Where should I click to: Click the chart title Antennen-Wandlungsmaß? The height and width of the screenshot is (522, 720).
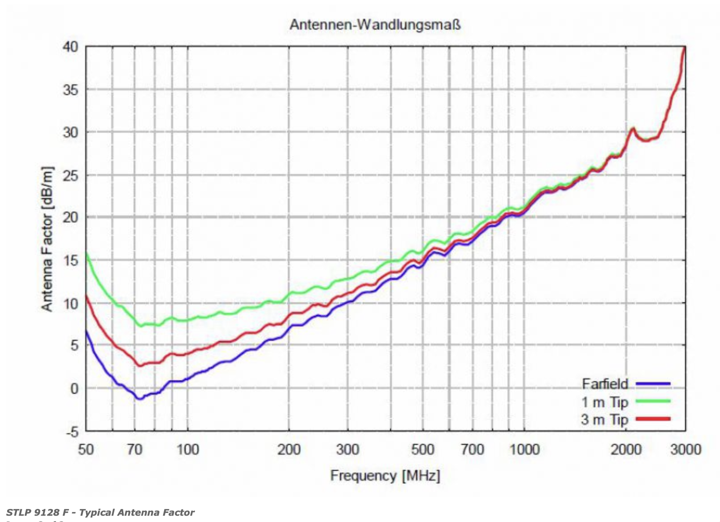[x=375, y=24]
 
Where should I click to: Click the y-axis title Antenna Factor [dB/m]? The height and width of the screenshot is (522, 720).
[x=47, y=239]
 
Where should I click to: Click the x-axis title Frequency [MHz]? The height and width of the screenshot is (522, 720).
[x=385, y=475]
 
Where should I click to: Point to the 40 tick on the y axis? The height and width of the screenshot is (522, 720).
[x=70, y=47]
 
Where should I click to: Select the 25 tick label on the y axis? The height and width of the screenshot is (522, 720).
[x=70, y=175]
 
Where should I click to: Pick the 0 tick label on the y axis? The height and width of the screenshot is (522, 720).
[x=74, y=389]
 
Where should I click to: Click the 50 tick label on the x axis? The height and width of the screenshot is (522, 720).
[x=86, y=449]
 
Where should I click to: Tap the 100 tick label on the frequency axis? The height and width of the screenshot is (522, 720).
[x=187, y=449]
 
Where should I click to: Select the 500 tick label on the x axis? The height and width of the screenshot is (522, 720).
[x=422, y=449]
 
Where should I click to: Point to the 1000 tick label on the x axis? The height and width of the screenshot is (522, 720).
[x=524, y=449]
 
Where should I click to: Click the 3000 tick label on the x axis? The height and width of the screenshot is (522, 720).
[x=685, y=449]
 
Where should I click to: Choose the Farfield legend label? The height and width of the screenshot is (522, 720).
[x=605, y=384]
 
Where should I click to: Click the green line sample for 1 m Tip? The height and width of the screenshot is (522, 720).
[x=653, y=401]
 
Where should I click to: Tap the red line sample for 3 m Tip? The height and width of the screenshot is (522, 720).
[x=653, y=419]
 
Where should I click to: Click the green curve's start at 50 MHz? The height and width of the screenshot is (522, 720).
[x=86, y=254]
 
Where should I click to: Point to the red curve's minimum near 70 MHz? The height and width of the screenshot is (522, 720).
[x=140, y=365]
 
